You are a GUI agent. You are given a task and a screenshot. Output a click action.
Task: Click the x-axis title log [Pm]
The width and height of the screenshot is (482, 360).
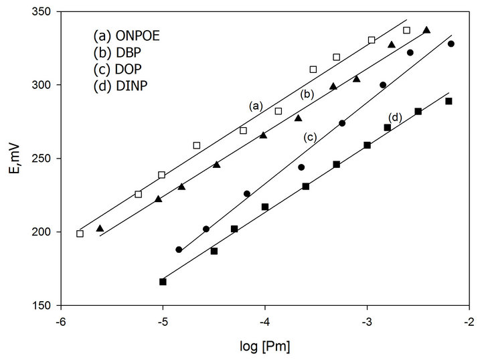264,347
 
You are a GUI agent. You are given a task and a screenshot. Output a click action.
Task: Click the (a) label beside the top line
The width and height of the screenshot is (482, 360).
254,106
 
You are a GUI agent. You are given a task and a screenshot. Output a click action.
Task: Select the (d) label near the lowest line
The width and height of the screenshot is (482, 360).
395,118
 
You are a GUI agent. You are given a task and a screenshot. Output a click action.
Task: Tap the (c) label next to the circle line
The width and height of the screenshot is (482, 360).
309,137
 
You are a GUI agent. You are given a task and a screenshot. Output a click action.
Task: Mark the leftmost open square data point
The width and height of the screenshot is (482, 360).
80,234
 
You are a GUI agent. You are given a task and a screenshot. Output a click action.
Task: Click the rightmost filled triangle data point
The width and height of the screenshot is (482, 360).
426,30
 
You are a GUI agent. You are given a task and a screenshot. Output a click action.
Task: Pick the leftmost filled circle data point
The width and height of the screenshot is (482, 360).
179,250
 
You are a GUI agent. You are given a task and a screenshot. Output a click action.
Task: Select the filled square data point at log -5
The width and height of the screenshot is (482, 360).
163,282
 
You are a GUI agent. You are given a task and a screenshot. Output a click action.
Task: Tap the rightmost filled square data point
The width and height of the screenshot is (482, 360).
449,101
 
